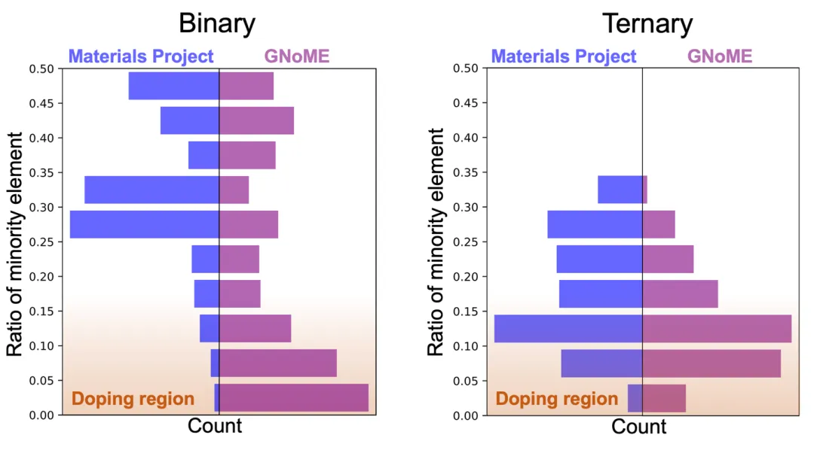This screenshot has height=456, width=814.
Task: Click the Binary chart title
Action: click(x=216, y=23)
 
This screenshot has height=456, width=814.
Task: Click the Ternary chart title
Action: click(x=647, y=23)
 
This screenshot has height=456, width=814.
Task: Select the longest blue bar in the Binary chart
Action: click(x=144, y=224)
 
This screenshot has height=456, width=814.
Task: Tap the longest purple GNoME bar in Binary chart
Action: click(x=293, y=397)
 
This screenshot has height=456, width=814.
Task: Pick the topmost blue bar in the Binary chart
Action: click(x=173, y=86)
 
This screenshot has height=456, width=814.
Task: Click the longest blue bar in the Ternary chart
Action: click(x=568, y=328)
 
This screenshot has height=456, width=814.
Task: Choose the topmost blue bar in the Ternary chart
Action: click(x=620, y=190)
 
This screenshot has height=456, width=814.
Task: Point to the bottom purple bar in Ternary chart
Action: click(x=664, y=397)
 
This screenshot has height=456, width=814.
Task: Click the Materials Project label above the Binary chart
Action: click(x=141, y=56)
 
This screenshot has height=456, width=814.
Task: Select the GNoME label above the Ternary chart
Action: click(x=720, y=56)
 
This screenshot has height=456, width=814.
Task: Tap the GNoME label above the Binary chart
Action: click(x=297, y=56)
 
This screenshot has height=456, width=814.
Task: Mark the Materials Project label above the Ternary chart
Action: click(x=564, y=56)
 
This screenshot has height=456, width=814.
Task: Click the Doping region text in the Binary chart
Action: click(x=133, y=399)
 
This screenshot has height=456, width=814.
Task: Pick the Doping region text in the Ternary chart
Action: click(x=556, y=399)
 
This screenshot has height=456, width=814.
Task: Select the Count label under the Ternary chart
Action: click(x=639, y=427)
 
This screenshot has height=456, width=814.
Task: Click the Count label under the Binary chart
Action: click(x=215, y=426)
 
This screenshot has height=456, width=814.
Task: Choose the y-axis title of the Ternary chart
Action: click(x=436, y=242)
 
